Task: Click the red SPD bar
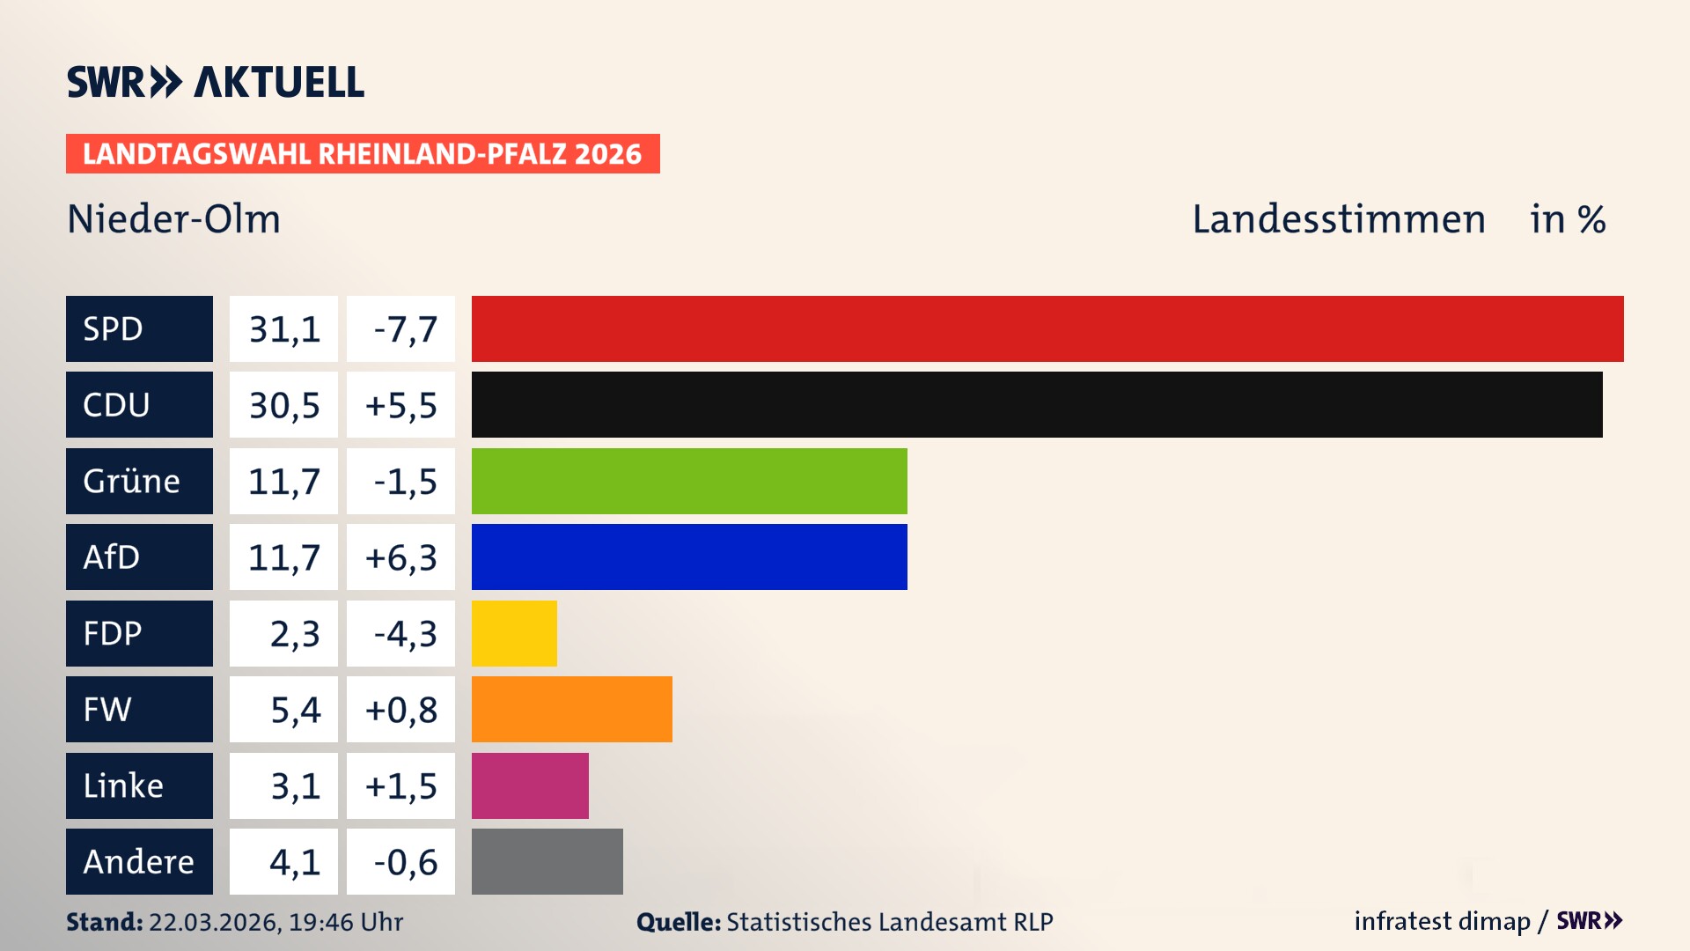point(1047,328)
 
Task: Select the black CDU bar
point(1037,405)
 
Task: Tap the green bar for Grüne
point(689,481)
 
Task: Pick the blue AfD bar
point(689,557)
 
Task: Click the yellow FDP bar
point(514,633)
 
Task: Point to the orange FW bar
point(572,709)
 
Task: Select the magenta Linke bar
point(530,785)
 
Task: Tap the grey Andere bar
point(547,861)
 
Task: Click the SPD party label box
point(139,328)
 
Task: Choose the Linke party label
point(139,785)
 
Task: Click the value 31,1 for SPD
point(283,329)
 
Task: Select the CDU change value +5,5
point(400,405)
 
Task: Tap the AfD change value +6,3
point(400,557)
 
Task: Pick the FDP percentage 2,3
point(294,634)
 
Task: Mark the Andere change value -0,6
point(404,862)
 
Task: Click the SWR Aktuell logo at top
point(216,82)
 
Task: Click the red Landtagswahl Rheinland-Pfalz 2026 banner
point(363,154)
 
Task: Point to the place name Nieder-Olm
point(174,219)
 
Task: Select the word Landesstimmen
point(1339,219)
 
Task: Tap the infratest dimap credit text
point(1442,921)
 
